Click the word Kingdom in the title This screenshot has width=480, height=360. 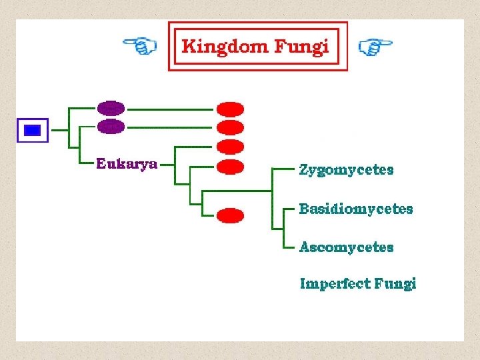click(223, 47)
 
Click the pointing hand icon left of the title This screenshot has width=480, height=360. click(140, 45)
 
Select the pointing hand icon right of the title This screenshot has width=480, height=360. click(375, 46)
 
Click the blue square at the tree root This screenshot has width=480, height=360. click(32, 130)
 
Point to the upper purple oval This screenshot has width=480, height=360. click(111, 108)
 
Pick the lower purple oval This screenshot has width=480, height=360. click(111, 126)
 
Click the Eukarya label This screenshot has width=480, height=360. click(127, 164)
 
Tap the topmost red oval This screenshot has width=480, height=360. click(231, 109)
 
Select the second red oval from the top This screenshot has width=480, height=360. click(231, 127)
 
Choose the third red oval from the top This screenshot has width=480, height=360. click(231, 146)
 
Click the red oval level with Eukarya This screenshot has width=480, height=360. click(231, 165)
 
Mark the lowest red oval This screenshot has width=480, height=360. click(231, 215)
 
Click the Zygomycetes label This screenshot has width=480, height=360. click(346, 170)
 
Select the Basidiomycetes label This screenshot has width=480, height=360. click(356, 209)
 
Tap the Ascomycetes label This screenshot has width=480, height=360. click(346, 247)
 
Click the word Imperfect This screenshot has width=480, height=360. click(333, 284)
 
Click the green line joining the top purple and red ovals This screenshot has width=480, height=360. click(170, 108)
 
